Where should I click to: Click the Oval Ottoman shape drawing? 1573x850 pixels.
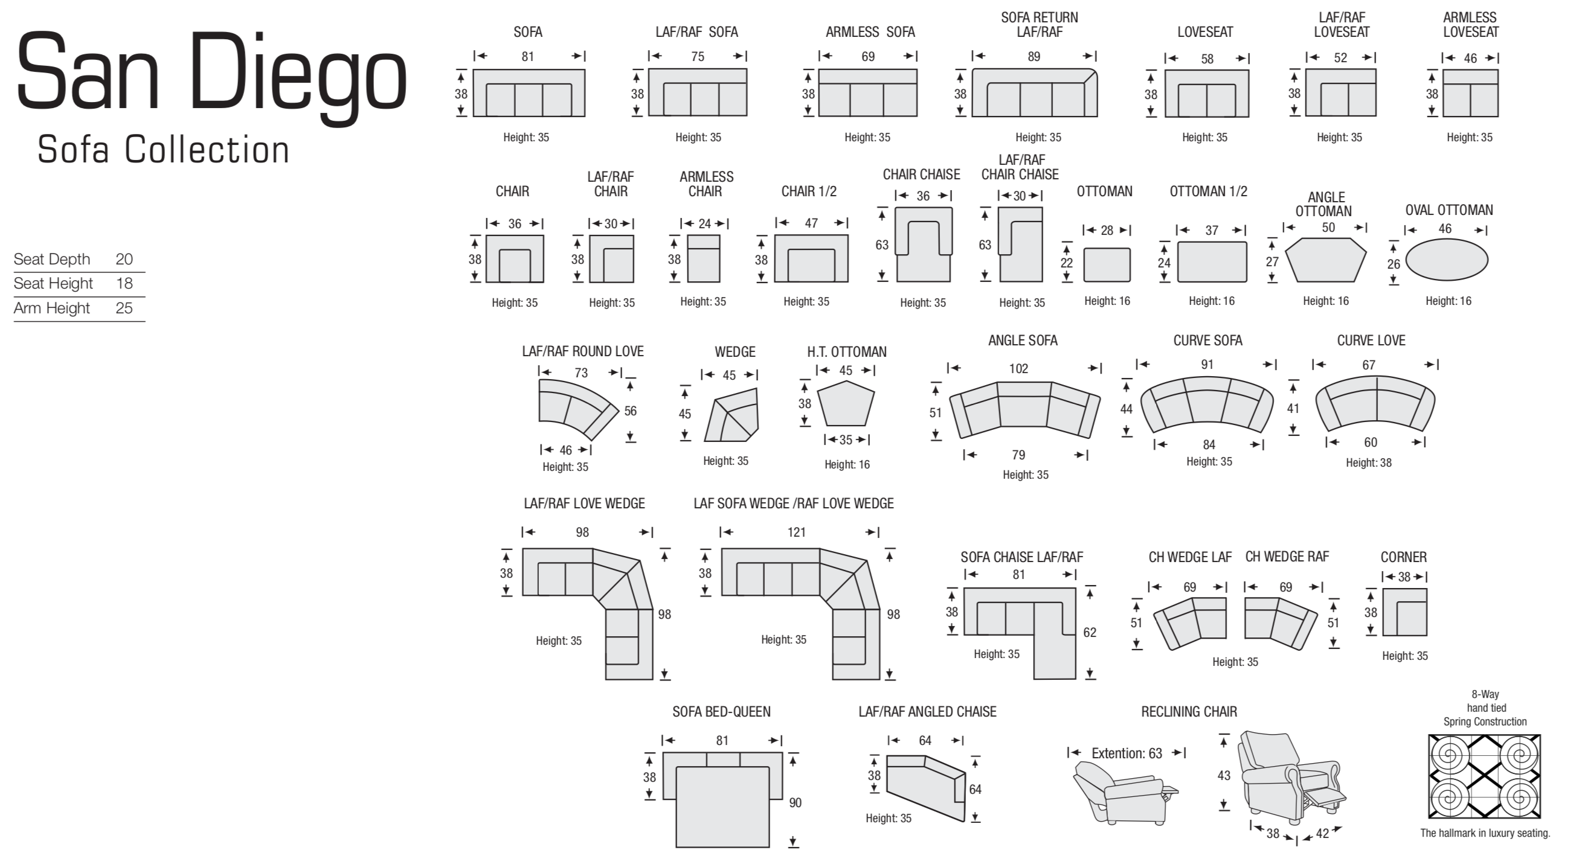pyautogui.click(x=1447, y=261)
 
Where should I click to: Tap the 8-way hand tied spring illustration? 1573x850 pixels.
pyautogui.click(x=1484, y=776)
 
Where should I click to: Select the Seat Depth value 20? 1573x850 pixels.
pyautogui.click(x=124, y=260)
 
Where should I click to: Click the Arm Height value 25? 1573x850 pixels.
pyautogui.click(x=124, y=308)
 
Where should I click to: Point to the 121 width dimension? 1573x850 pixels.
pyautogui.click(x=796, y=532)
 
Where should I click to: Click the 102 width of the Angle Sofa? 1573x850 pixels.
pyautogui.click(x=1018, y=369)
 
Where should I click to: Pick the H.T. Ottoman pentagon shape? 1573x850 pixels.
pyautogui.click(x=846, y=403)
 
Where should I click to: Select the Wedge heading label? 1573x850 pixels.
pyautogui.click(x=735, y=352)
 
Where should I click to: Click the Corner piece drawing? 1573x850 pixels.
pyautogui.click(x=1405, y=612)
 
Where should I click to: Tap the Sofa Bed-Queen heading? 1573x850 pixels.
pyautogui.click(x=721, y=712)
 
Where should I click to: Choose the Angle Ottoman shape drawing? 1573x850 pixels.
pyautogui.click(x=1326, y=260)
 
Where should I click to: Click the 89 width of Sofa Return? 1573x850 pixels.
pyautogui.click(x=1033, y=57)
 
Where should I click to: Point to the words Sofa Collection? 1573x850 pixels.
pyautogui.click(x=163, y=150)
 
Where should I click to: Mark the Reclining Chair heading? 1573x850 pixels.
pyautogui.click(x=1189, y=712)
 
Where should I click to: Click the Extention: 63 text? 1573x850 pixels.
pyautogui.click(x=1127, y=753)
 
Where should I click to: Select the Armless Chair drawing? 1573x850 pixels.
pyautogui.click(x=704, y=259)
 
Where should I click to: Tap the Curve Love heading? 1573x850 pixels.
pyautogui.click(x=1371, y=340)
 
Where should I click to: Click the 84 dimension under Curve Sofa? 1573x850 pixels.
pyautogui.click(x=1209, y=445)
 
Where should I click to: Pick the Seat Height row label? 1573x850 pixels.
pyautogui.click(x=53, y=284)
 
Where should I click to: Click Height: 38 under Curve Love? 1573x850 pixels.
pyautogui.click(x=1368, y=462)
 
